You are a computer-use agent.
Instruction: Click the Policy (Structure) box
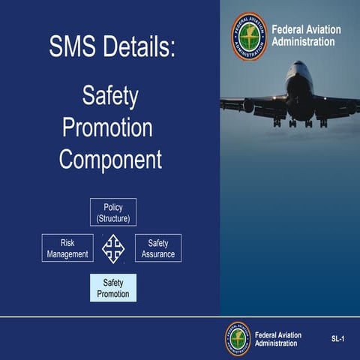(x=113, y=212)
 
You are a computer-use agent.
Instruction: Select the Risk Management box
(x=67, y=248)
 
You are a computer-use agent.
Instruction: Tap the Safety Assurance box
(x=158, y=248)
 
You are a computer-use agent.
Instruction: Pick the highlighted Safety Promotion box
(x=113, y=288)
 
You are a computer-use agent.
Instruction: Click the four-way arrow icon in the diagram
(x=113, y=248)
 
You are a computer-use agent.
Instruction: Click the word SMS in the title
(x=73, y=47)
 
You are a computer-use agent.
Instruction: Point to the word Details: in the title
(x=139, y=47)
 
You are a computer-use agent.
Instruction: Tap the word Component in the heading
(x=110, y=159)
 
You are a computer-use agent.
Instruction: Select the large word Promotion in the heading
(x=108, y=127)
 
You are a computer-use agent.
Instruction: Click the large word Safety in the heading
(x=110, y=96)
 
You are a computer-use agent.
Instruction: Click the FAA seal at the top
(x=249, y=36)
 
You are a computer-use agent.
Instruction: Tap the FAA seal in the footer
(x=238, y=339)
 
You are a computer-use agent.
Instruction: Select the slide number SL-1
(x=337, y=340)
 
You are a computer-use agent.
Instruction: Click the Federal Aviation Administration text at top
(x=304, y=36)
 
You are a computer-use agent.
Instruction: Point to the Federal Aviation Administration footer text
(x=278, y=339)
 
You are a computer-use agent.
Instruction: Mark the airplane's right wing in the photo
(x=337, y=105)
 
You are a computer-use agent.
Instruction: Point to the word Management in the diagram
(x=67, y=254)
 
